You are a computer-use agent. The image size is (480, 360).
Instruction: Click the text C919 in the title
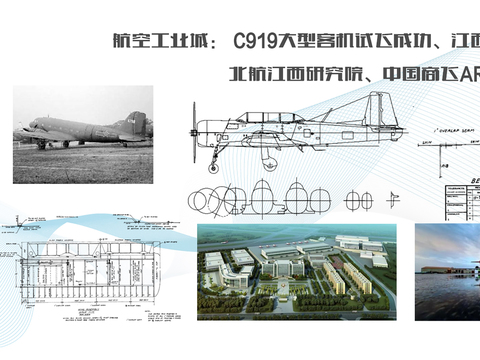pos(253,43)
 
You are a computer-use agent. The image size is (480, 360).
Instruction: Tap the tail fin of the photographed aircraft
pos(136,125)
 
